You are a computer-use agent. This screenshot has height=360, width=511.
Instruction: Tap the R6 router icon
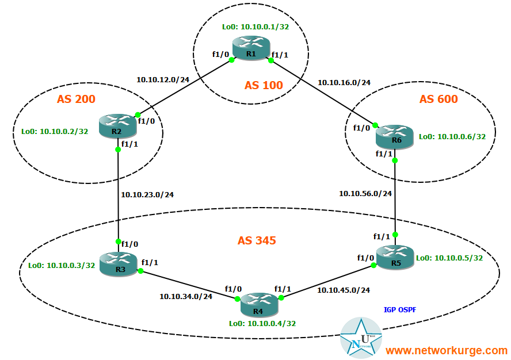tap(395, 135)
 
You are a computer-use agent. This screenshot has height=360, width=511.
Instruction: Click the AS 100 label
tap(264, 85)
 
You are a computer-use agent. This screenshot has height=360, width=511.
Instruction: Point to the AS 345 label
tap(257, 240)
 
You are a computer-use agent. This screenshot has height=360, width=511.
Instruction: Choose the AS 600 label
tap(438, 99)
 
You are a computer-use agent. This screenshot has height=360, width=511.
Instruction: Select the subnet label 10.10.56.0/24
tap(366, 193)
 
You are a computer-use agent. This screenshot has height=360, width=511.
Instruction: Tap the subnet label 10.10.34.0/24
tap(186, 297)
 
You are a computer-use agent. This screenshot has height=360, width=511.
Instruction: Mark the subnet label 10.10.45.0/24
tap(344, 290)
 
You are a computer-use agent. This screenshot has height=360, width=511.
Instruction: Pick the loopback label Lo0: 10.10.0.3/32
tap(62, 265)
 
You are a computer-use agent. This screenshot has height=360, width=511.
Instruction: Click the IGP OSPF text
tap(400, 309)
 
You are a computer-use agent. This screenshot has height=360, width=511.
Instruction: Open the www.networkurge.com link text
tap(446, 350)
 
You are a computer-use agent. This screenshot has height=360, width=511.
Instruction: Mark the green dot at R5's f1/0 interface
tap(373, 265)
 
